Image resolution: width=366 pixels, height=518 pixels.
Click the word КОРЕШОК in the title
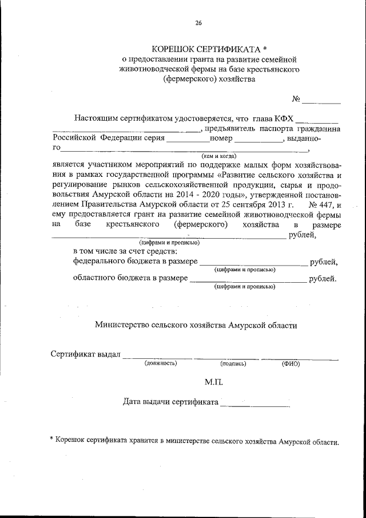[x=173, y=50]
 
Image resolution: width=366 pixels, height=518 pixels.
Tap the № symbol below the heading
[x=296, y=98]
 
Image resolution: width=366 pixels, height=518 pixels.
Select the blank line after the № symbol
[x=321, y=102]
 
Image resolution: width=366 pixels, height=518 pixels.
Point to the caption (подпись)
[x=232, y=363]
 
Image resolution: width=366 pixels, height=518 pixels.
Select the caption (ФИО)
[x=291, y=363]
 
